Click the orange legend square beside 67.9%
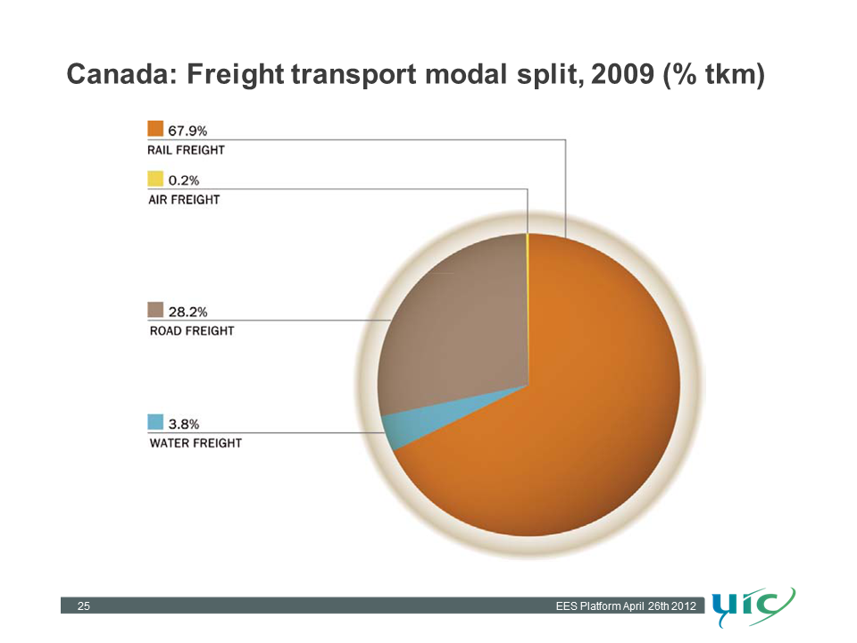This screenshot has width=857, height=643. coord(155,129)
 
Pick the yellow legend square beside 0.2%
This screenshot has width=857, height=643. coord(155,179)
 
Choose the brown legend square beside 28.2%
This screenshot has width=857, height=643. coord(155,310)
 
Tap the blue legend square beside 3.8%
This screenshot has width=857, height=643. coord(155,422)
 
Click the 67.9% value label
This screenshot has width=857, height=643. coord(187,130)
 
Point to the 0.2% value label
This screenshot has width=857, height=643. coord(184,180)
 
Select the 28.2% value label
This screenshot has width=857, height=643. coord(187,312)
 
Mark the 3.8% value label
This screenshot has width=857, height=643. coord(184,423)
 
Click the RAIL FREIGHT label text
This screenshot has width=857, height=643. coord(186,150)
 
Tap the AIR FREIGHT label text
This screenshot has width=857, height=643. coord(184,199)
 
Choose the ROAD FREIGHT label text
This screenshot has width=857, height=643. coord(192,330)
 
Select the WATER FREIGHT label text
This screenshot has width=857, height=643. coord(196,443)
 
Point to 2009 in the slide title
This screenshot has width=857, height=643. coord(622,74)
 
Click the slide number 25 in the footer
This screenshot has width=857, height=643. coord(84,605)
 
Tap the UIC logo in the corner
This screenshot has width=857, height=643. coord(754,607)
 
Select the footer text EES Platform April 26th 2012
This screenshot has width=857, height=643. coord(626,605)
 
